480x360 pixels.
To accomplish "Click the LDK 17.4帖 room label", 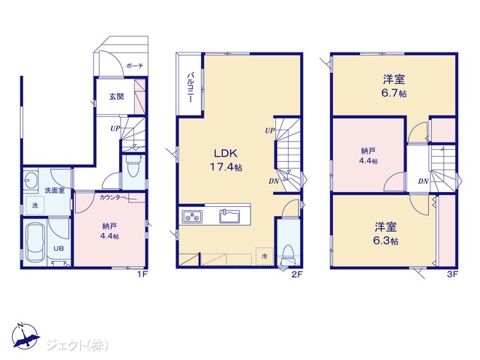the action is pos(226,160).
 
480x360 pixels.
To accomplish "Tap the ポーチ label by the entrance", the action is pos(135,66).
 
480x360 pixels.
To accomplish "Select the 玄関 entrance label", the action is pos(117,97).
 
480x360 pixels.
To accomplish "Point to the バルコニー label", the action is pos(190,87).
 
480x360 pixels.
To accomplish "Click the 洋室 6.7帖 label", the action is pos(394,86).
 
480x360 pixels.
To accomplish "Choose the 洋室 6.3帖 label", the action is pos(385,233).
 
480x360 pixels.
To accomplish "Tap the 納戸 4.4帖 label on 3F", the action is pos(368,155).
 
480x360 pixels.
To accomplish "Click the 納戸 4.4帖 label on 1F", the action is pos(110,231).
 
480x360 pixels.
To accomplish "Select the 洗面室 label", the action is pos(55,190).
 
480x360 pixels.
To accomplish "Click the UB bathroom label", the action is pos(58,248).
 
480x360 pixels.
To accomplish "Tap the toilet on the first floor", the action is pos(133,166).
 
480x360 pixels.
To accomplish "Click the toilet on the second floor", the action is pos(287,255).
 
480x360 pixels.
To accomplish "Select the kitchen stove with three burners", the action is pos(192,217).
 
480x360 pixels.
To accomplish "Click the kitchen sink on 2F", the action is pos(230,216).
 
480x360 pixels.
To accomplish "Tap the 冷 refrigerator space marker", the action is pos(264,256).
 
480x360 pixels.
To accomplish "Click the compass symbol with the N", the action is pos(25,336).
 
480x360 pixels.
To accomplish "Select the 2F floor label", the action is pos(297,274).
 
